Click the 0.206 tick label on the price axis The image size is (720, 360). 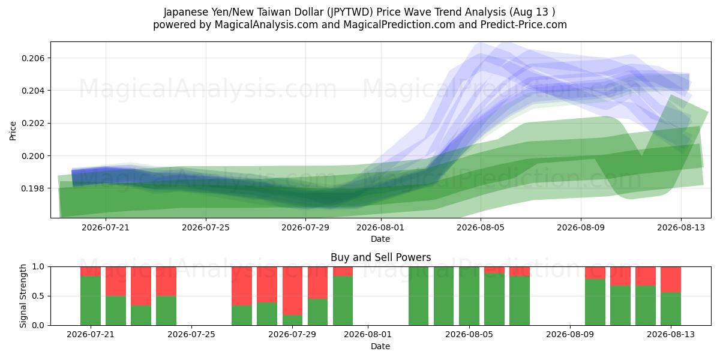pyautogui.click(x=33, y=58)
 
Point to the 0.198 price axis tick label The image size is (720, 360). pyautogui.click(x=33, y=188)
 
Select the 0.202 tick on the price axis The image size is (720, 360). pyautogui.click(x=33, y=124)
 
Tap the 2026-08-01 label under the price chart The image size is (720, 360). pyautogui.click(x=380, y=227)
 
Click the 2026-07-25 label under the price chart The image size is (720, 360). pyautogui.click(x=206, y=227)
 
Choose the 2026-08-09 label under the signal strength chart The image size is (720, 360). pyautogui.click(x=570, y=334)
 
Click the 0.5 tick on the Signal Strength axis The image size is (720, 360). pyautogui.click(x=38, y=296)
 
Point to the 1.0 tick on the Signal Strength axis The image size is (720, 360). pyautogui.click(x=38, y=266)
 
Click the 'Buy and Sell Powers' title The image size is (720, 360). pyautogui.click(x=380, y=257)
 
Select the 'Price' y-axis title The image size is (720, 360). pyautogui.click(x=13, y=131)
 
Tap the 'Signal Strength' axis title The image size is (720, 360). pyautogui.click(x=23, y=296)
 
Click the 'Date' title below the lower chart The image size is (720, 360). pyautogui.click(x=380, y=346)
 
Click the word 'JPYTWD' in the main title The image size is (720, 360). pyautogui.click(x=350, y=12)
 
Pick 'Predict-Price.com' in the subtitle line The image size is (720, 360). pyautogui.click(x=524, y=25)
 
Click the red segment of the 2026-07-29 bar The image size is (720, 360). pyautogui.click(x=293, y=291)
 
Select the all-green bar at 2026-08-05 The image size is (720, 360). pyautogui.click(x=469, y=296)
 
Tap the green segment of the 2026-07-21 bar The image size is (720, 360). pyautogui.click(x=91, y=301)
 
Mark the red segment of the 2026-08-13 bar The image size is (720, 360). pyautogui.click(x=671, y=280)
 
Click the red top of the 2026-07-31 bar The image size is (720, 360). pyautogui.click(x=343, y=271)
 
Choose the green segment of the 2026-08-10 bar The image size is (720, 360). pyautogui.click(x=595, y=302)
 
